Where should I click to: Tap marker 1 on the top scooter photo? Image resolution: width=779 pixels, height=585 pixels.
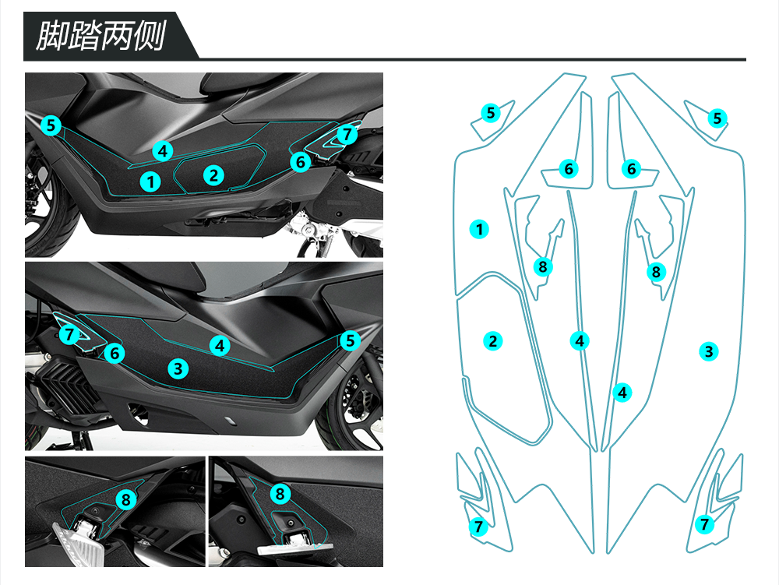[x=151, y=182]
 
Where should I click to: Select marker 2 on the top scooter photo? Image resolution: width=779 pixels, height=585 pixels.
[x=213, y=175]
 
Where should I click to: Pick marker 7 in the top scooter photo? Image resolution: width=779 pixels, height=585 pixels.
[x=347, y=135]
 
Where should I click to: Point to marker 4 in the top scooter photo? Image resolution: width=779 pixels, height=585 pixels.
[x=163, y=150]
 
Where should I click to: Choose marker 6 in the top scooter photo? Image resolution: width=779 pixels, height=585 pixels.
[x=301, y=162]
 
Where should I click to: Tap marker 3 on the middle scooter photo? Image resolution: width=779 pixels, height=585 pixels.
[x=178, y=368]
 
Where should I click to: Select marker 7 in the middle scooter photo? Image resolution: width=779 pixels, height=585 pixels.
[x=70, y=335]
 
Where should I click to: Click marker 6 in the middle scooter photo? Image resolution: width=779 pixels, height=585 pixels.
[x=115, y=353]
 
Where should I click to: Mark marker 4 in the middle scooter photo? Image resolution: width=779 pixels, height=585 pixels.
[x=220, y=344]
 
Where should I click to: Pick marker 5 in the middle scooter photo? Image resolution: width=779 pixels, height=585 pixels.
[x=350, y=340]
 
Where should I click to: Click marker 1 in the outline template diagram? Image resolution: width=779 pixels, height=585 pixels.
[x=480, y=229]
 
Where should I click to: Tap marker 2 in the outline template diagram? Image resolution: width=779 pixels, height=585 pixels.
[x=492, y=340]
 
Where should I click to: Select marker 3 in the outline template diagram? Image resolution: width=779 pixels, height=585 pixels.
[x=708, y=351]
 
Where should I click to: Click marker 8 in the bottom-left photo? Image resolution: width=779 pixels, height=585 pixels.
[x=126, y=500]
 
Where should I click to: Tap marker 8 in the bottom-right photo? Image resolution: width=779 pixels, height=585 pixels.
[x=281, y=493]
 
